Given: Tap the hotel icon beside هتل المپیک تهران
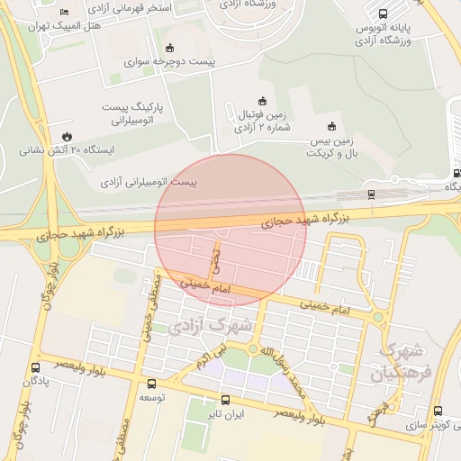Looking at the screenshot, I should [63, 11].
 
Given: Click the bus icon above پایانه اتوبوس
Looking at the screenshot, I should [383, 14].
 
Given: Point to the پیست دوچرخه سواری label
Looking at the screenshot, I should [172, 63].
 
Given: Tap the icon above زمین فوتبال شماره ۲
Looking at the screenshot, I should [263, 100].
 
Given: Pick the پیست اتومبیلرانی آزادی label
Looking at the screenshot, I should [148, 182].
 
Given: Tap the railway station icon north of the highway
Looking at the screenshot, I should [371, 194].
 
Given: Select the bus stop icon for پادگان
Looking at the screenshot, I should [35, 367].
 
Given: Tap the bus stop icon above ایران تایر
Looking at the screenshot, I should [225, 400].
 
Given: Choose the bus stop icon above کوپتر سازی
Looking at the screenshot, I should [438, 411].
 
